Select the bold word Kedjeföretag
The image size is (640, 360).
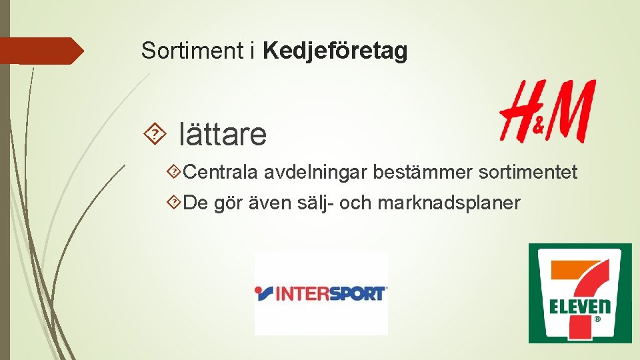click(x=335, y=51)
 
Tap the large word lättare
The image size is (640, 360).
click(x=223, y=135)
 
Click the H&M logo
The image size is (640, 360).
click(x=547, y=111)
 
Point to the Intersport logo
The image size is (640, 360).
click(x=321, y=293)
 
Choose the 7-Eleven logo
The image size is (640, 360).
click(x=579, y=293)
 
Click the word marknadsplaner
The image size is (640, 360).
click(x=449, y=203)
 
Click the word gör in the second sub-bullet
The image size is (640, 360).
click(x=226, y=203)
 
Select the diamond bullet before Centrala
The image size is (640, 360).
click(x=175, y=173)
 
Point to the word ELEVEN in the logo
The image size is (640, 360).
click(x=580, y=307)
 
